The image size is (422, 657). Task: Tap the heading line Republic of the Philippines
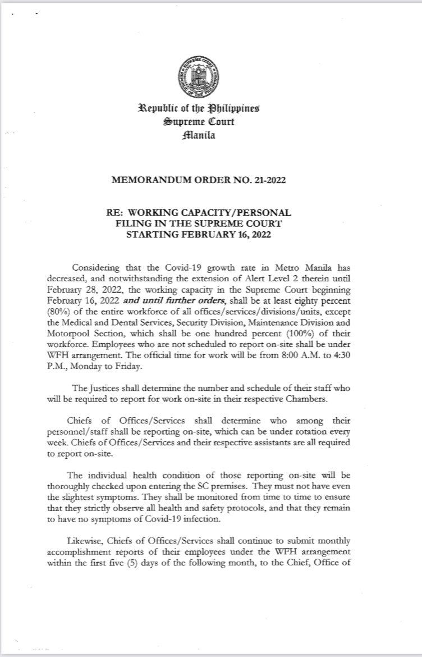(211, 109)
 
